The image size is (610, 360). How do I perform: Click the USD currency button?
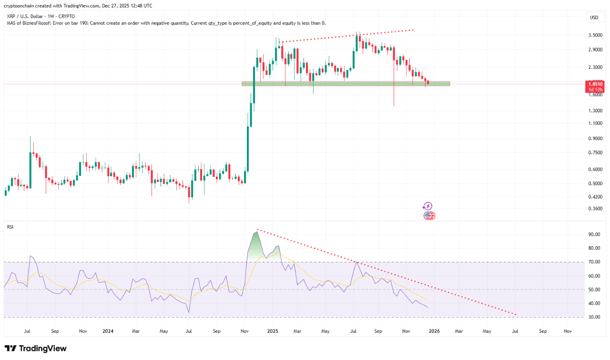pyautogui.click(x=594, y=18)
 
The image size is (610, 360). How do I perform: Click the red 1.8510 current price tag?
pyautogui.click(x=595, y=84)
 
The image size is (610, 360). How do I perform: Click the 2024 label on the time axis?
pyautogui.click(x=108, y=330)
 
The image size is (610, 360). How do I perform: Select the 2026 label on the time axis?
pyautogui.click(x=434, y=330)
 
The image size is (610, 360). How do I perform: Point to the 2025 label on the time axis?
pyautogui.click(x=273, y=330)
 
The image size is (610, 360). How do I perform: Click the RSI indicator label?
pyautogui.click(x=10, y=227)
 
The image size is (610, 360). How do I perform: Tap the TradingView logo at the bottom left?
pyautogui.click(x=36, y=349)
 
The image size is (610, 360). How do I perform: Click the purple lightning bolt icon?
pyautogui.click(x=427, y=206)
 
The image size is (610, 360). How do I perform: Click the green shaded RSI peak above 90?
pyautogui.click(x=256, y=240)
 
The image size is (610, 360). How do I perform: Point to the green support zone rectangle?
pyautogui.click(x=346, y=84)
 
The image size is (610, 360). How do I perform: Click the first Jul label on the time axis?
pyautogui.click(x=27, y=330)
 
